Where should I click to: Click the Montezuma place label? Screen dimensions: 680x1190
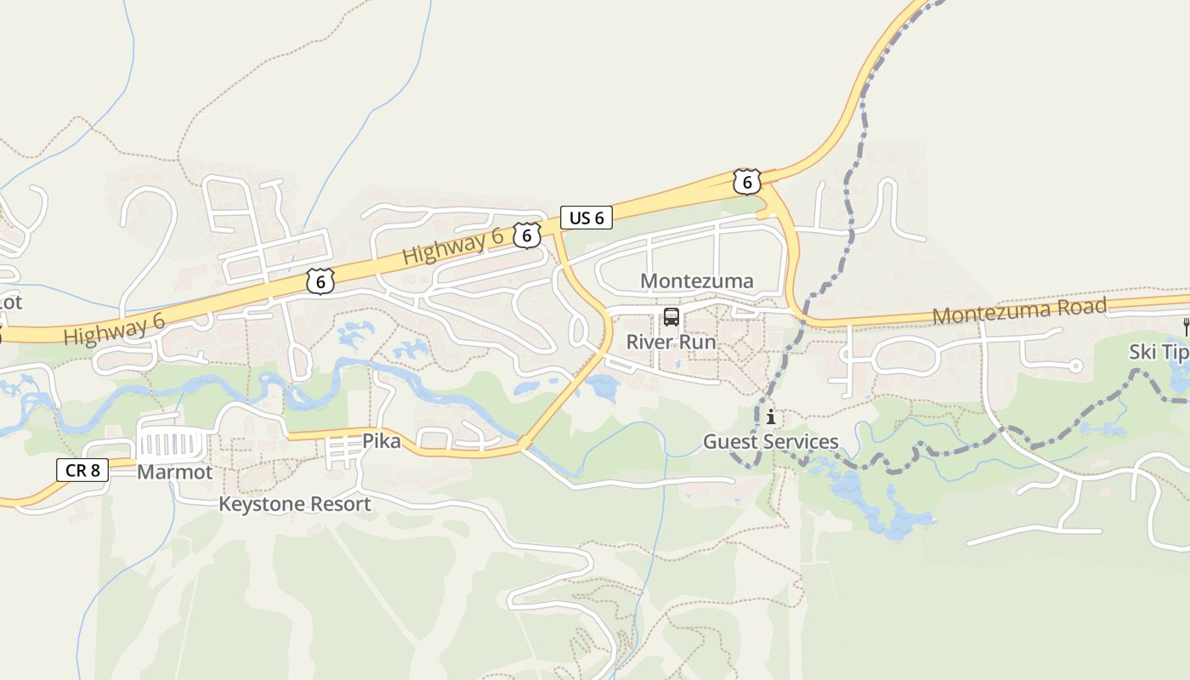click(696, 281)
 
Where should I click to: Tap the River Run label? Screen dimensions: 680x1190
click(671, 342)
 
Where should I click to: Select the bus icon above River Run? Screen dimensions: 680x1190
click(671, 318)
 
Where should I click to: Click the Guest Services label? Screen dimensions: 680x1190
click(770, 442)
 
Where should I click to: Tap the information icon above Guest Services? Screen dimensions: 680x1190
click(770, 417)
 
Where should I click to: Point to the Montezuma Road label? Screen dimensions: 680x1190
click(1019, 311)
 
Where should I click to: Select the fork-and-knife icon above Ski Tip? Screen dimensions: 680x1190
click(1187, 325)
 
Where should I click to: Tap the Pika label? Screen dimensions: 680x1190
click(381, 441)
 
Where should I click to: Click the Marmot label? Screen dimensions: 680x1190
click(174, 472)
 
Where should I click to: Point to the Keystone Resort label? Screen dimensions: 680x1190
click(294, 504)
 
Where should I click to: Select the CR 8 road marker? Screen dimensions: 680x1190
click(82, 469)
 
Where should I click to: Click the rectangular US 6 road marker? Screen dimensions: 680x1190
click(586, 218)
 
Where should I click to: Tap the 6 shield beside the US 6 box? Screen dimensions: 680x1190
click(527, 235)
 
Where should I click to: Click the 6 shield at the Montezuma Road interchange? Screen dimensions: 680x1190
click(745, 181)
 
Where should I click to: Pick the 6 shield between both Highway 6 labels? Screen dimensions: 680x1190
click(320, 281)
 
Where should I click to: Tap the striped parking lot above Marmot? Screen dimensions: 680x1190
click(173, 444)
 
